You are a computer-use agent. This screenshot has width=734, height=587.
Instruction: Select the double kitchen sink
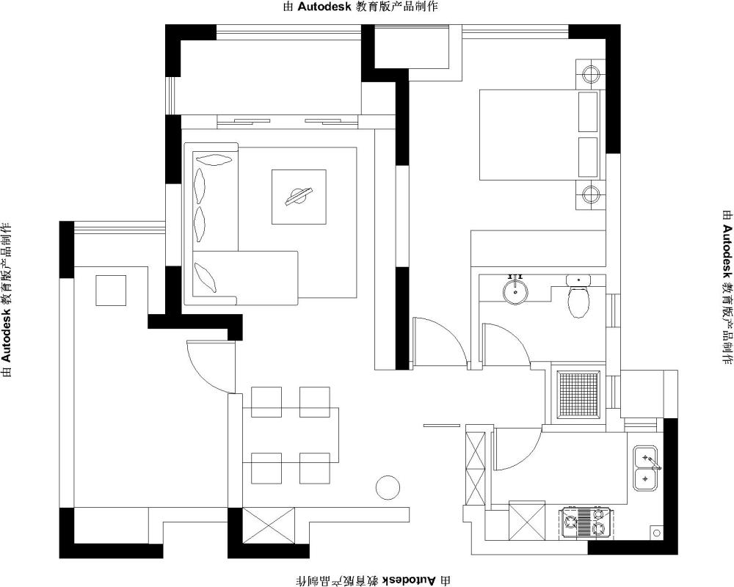pos(645,468)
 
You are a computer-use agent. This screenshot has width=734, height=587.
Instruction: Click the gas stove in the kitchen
pos(584,522)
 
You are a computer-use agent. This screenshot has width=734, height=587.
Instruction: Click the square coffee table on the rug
pos(299,197)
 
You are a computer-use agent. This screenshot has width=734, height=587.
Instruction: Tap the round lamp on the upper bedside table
pos(591,74)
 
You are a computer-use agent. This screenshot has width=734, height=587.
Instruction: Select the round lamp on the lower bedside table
pos(591,194)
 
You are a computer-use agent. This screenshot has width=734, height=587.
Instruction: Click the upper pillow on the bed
pos(588,112)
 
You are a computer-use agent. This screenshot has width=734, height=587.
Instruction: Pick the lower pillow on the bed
pos(588,157)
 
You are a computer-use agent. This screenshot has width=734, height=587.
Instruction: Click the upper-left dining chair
pos(266,401)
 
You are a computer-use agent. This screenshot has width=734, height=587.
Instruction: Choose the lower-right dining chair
pos(315,468)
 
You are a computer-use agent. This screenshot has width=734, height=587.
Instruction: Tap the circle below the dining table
pos(388,488)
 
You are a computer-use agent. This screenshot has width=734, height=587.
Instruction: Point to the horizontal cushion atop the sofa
pos(214,159)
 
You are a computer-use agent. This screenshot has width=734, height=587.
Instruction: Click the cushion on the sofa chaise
pos(206,277)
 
